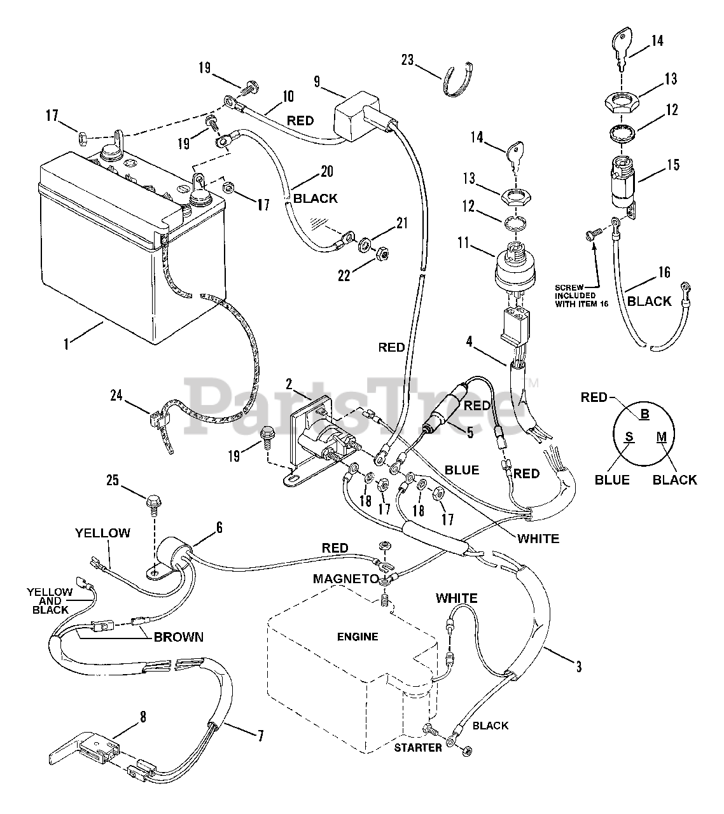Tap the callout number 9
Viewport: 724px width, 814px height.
point(317,81)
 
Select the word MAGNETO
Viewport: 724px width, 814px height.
point(346,579)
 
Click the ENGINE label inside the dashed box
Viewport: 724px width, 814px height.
point(358,637)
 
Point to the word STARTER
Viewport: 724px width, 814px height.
point(418,748)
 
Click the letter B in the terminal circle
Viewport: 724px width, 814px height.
point(644,413)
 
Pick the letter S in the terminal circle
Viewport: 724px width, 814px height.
point(629,436)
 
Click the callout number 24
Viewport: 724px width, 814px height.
point(116,396)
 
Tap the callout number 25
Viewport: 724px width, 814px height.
point(113,480)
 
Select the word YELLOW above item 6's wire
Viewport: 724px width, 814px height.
point(102,533)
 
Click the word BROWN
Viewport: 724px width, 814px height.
point(179,637)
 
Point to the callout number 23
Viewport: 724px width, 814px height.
point(408,60)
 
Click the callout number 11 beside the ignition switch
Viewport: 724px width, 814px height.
point(464,243)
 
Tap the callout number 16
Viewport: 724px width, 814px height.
point(664,272)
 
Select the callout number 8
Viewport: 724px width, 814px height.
point(143,717)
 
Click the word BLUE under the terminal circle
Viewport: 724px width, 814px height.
point(612,479)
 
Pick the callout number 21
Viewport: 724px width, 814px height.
point(402,223)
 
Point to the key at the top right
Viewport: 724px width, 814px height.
point(622,48)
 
